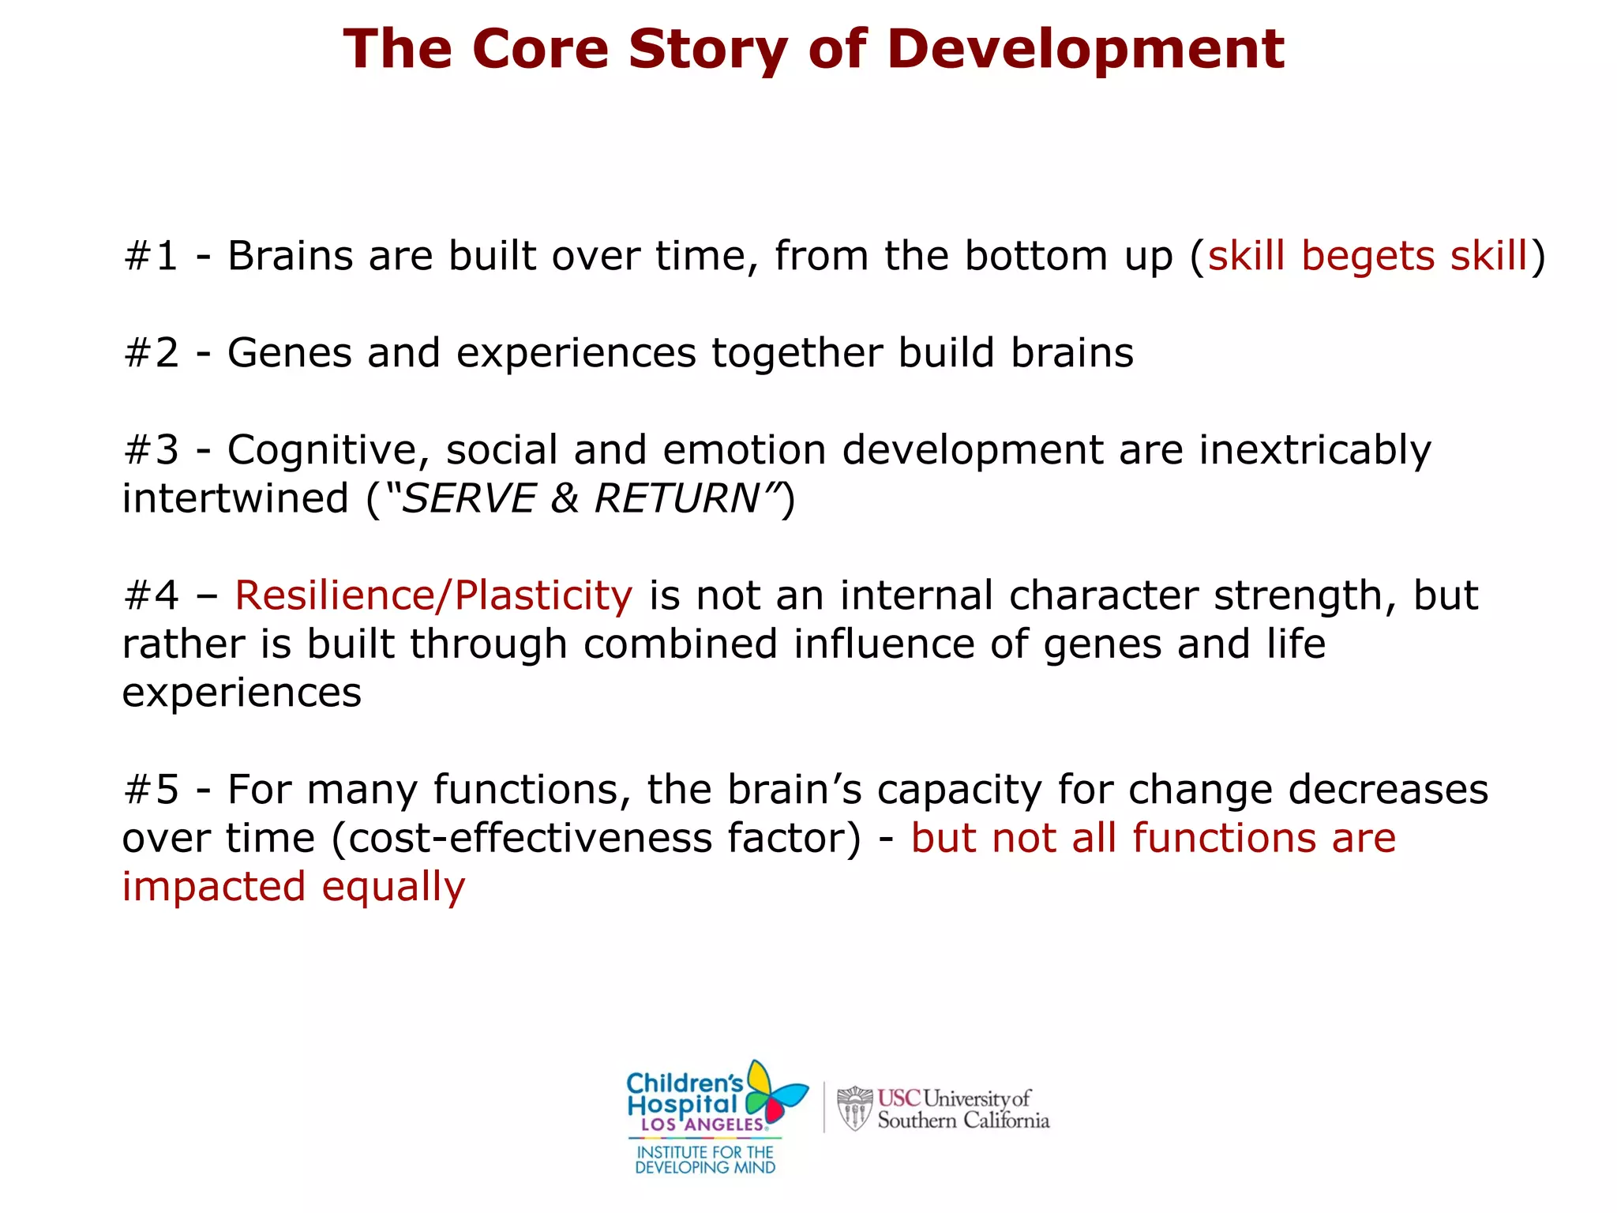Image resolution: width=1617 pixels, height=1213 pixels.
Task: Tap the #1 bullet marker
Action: tap(151, 257)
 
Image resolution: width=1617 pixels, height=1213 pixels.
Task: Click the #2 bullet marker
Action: tap(151, 353)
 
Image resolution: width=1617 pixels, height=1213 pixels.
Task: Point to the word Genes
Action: tap(289, 353)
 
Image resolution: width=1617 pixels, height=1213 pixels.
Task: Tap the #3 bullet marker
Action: tap(151, 450)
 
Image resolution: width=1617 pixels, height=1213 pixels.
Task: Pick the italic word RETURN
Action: tap(677, 499)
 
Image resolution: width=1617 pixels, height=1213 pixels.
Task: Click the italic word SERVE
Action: tap(470, 499)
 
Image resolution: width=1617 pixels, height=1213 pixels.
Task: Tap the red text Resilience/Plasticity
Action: tap(433, 596)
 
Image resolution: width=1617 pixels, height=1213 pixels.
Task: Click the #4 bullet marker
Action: tap(151, 596)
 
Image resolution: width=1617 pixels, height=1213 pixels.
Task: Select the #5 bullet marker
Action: tap(151, 790)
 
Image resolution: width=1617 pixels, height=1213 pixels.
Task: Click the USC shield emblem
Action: tap(854, 1108)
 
